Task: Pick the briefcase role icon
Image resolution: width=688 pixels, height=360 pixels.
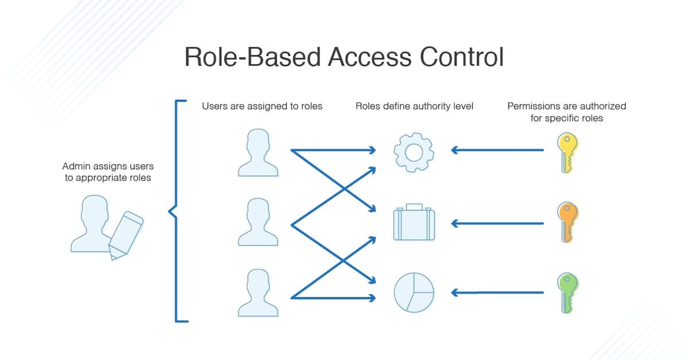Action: pos(413,222)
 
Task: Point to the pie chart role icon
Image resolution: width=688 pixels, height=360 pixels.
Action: pos(413,292)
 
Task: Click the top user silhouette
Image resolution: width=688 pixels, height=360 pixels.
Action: pos(257,152)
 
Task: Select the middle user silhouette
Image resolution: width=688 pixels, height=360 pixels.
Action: pos(257,222)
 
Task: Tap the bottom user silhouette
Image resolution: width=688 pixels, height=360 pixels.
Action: pos(257,293)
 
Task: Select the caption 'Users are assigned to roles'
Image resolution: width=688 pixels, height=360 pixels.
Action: pos(262,106)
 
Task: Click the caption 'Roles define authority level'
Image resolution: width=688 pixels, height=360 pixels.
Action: pos(414,106)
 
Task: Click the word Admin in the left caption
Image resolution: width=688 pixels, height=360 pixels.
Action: pos(76,166)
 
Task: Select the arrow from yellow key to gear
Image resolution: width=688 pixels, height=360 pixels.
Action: pos(498,151)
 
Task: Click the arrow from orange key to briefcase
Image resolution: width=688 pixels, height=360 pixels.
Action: pos(498,222)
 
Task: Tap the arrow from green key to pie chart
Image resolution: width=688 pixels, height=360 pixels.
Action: pos(498,293)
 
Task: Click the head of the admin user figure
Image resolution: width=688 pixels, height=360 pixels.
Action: pos(95,209)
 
